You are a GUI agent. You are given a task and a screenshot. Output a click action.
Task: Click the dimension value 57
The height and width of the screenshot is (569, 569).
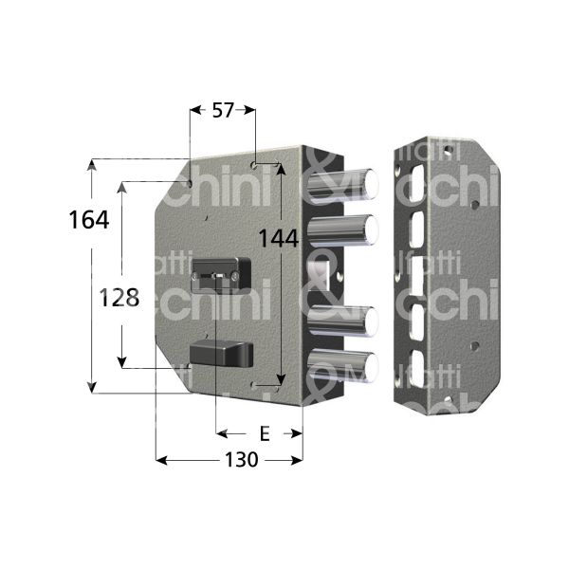[x=222, y=111]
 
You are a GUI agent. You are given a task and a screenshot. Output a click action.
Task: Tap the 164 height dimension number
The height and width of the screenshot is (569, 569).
[x=88, y=219]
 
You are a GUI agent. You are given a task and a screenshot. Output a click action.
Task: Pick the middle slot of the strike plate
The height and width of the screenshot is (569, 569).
[x=414, y=276]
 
